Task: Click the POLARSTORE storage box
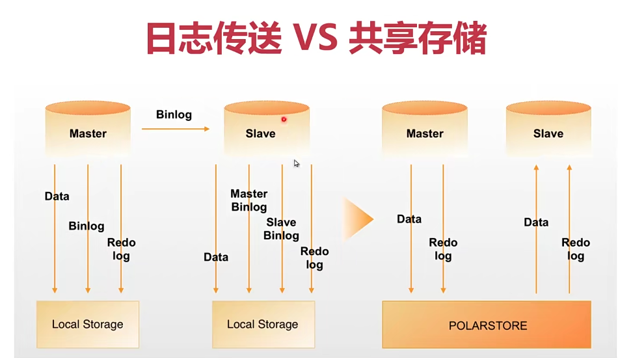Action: pyautogui.click(x=487, y=325)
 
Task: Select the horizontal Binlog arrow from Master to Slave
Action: pyautogui.click(x=176, y=129)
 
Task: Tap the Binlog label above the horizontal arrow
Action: pyautogui.click(x=174, y=115)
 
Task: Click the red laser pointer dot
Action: pyautogui.click(x=284, y=119)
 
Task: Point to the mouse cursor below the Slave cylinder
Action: pyautogui.click(x=296, y=163)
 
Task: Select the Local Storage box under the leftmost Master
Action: pyautogui.click(x=88, y=324)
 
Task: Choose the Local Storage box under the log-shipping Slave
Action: pyautogui.click(x=263, y=324)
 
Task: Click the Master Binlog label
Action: pyautogui.click(x=249, y=200)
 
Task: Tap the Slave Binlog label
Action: pyautogui.click(x=281, y=229)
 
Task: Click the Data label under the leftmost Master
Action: pyautogui.click(x=57, y=196)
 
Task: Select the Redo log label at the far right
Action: pyautogui.click(x=576, y=249)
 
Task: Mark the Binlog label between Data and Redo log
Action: pyautogui.click(x=87, y=226)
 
